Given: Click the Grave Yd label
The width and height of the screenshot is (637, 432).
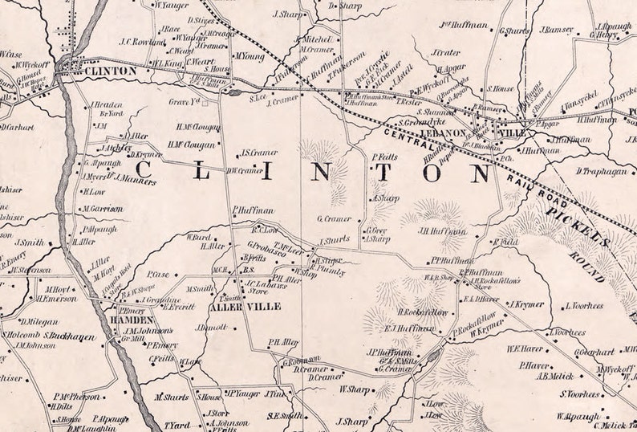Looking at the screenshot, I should pyautogui.click(x=184, y=102).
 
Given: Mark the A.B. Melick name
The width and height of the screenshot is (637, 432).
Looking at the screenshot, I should pyautogui.click(x=554, y=376).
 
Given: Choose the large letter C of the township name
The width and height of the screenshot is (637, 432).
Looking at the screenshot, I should pyautogui.click(x=146, y=169).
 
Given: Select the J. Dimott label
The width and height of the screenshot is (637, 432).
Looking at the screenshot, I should pyautogui.click(x=212, y=328).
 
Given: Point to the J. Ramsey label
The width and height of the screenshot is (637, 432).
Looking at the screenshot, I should pyautogui.click(x=556, y=30).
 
